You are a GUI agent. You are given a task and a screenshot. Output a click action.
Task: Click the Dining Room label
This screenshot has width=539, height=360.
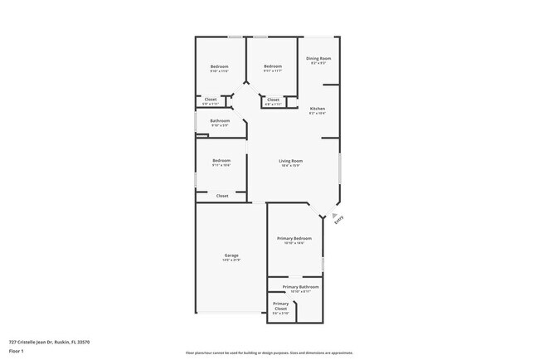click(x=318, y=58)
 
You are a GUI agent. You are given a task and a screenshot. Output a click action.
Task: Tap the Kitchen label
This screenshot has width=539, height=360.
click(x=318, y=109)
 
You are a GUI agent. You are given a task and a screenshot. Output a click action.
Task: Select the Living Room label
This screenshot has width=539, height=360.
click(x=290, y=161)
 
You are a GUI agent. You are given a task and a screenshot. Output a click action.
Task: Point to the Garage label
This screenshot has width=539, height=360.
click(x=231, y=255)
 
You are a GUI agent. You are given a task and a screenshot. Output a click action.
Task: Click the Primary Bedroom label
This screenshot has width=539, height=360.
click(x=294, y=238)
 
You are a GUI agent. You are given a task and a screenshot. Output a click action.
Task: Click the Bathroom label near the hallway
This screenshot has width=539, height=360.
click(x=220, y=121)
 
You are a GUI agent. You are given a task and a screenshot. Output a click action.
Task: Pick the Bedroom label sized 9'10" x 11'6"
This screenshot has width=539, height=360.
click(x=219, y=66)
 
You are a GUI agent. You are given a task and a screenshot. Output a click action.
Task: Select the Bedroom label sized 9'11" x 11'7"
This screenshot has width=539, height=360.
click(x=274, y=66)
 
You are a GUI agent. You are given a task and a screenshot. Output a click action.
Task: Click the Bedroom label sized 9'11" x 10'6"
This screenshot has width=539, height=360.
click(x=221, y=160)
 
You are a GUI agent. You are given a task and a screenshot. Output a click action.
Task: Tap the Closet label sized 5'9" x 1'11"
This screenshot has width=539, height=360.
click(x=211, y=100)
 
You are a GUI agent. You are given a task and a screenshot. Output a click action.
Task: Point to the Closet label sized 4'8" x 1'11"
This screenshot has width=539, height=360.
click(x=274, y=100)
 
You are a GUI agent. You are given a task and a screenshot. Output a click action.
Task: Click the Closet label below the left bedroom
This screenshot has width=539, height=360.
click(x=222, y=196)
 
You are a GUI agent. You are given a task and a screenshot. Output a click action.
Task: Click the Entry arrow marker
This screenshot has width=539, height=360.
click(x=335, y=213)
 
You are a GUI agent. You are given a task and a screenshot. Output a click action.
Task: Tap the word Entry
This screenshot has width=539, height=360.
click(x=338, y=221)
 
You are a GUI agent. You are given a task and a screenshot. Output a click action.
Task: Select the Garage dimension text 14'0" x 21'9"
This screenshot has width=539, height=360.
click(x=231, y=260)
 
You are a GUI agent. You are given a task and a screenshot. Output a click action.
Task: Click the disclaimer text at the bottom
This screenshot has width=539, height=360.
click(x=269, y=353)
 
